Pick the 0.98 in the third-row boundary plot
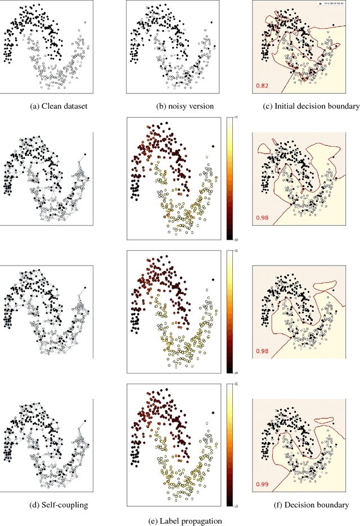[262, 352]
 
